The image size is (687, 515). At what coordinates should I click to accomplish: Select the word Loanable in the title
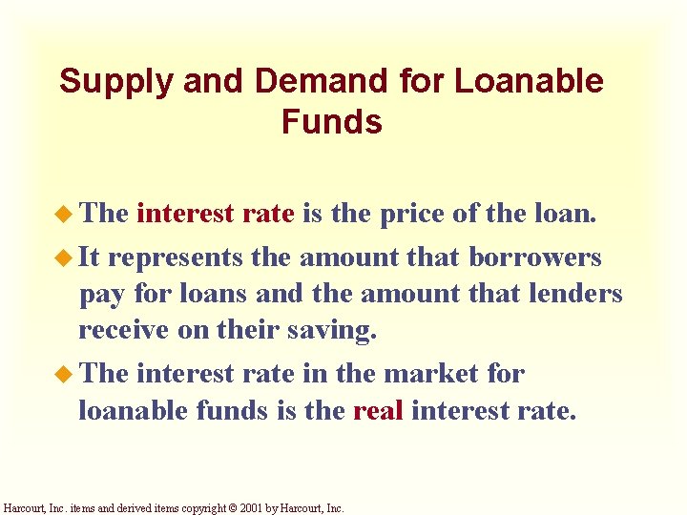click(529, 82)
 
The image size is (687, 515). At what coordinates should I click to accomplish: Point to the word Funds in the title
click(332, 123)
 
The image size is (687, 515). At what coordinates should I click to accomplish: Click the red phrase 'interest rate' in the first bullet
click(215, 213)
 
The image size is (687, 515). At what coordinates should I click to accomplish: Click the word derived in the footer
click(145, 509)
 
